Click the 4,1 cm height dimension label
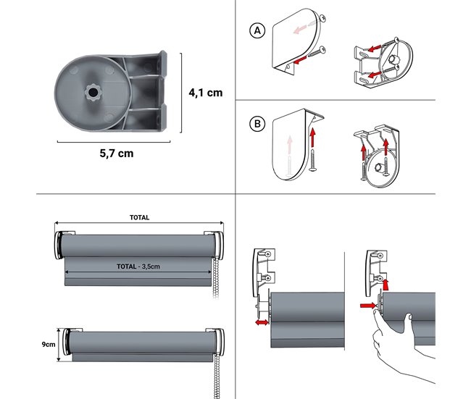[x=206, y=92]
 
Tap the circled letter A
[x=255, y=31]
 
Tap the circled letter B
[x=255, y=125]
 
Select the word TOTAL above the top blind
[x=139, y=217]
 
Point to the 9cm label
[x=47, y=344]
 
